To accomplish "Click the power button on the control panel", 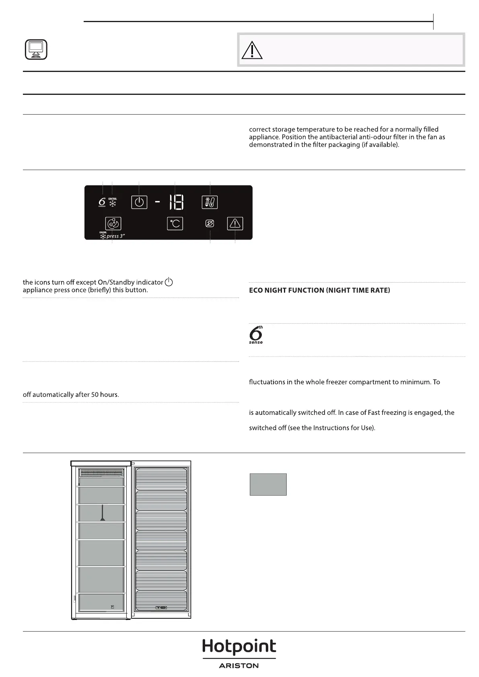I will click(x=139, y=202).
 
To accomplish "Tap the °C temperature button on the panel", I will click(x=175, y=224).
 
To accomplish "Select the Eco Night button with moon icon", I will click(x=113, y=224).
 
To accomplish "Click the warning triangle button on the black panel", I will click(x=235, y=223).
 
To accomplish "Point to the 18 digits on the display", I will click(x=176, y=202).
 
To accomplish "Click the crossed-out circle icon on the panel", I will click(x=209, y=224).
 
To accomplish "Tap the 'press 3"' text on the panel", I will click(x=116, y=236).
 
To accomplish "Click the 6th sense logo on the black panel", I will click(x=102, y=202).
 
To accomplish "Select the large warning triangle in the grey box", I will click(x=252, y=50).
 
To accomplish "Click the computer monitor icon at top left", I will click(x=36, y=49).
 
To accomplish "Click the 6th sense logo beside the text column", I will click(x=256, y=335).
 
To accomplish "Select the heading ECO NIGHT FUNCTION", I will click(x=319, y=290).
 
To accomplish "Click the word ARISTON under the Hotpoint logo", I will click(x=239, y=666).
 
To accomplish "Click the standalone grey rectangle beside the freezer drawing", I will click(x=268, y=484).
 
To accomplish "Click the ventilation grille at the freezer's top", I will click(x=101, y=472).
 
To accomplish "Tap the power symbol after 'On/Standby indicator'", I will click(x=169, y=282).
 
